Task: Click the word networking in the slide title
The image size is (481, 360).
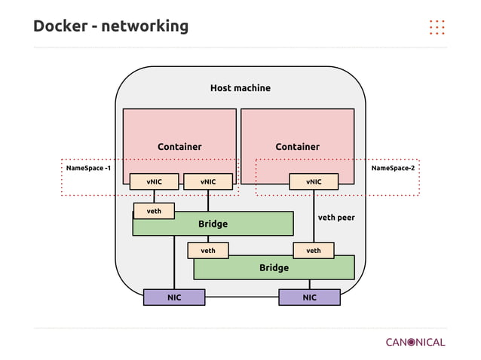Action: pyautogui.click(x=145, y=26)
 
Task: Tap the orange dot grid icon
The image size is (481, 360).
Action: pyautogui.click(x=437, y=26)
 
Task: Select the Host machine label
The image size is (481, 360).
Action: pyautogui.click(x=240, y=88)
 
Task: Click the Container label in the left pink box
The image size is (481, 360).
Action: pyautogui.click(x=179, y=147)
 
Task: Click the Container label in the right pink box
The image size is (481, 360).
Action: pyautogui.click(x=297, y=147)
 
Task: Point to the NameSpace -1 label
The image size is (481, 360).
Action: pyautogui.click(x=88, y=168)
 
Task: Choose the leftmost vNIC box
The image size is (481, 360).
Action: pyautogui.click(x=154, y=182)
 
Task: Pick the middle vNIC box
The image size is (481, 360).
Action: pyautogui.click(x=208, y=182)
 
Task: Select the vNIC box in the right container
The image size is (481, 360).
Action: pyautogui.click(x=314, y=182)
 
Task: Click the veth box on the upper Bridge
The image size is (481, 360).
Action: pyautogui.click(x=154, y=211)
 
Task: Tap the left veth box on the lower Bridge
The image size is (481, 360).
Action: pyautogui.click(x=208, y=250)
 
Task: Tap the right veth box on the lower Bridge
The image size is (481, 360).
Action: pyautogui.click(x=314, y=250)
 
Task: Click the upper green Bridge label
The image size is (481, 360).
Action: pyautogui.click(x=213, y=224)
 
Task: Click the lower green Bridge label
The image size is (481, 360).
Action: pyautogui.click(x=274, y=268)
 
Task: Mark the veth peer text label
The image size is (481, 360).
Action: pyautogui.click(x=335, y=218)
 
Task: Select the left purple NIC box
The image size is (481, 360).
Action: pyautogui.click(x=174, y=298)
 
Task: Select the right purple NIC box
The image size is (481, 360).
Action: pyautogui.click(x=309, y=298)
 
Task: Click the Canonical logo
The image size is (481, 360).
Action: pyautogui.click(x=415, y=342)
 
